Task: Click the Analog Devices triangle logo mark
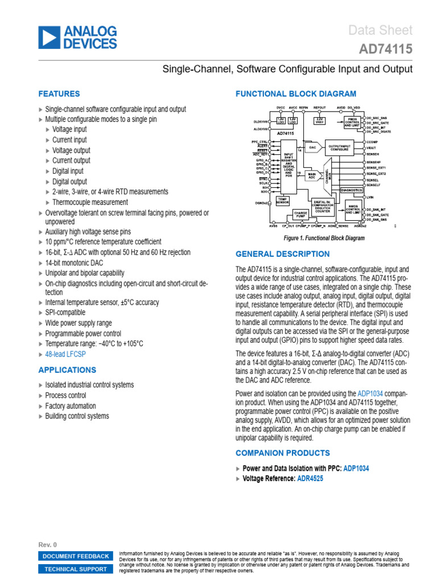(48, 38)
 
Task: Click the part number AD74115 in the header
(386, 50)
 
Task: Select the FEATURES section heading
(59, 94)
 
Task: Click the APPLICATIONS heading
(67, 370)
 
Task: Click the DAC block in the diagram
(312, 147)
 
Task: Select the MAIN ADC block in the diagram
(311, 175)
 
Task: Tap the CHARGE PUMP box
(300, 214)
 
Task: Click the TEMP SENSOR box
(282, 200)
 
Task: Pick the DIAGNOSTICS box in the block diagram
(351, 190)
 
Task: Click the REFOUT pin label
(319, 106)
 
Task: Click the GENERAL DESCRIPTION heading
(282, 254)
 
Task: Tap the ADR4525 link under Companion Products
(310, 479)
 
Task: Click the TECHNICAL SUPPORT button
(75, 569)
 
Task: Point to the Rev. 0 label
(47, 545)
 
